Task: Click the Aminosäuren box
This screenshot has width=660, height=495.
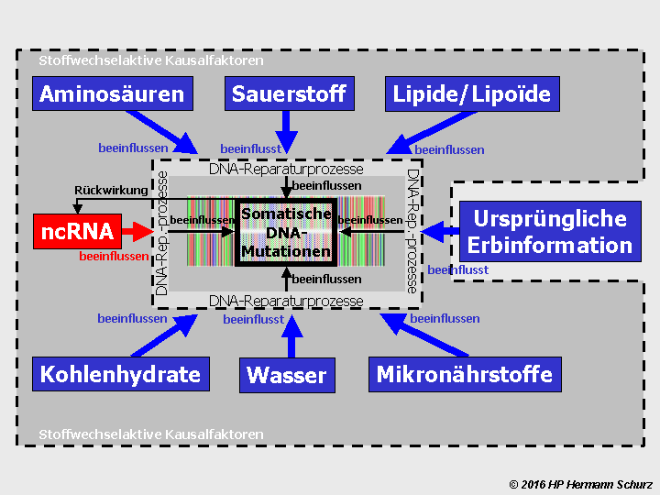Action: [112, 93]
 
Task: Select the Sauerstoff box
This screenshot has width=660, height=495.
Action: [289, 93]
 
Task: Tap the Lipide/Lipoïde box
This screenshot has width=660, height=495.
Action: [471, 93]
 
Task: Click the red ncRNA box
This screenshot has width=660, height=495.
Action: [64, 232]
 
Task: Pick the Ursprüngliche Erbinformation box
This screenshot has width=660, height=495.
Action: [549, 232]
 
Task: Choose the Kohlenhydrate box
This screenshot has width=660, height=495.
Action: [120, 374]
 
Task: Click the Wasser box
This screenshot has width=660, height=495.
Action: [287, 375]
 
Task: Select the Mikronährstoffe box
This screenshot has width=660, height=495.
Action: [465, 374]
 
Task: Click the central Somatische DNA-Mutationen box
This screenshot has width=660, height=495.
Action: [285, 233]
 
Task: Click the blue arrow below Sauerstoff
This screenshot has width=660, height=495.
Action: [287, 134]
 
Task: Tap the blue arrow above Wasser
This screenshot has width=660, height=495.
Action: [291, 335]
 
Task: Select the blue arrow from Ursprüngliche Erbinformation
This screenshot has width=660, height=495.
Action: [436, 232]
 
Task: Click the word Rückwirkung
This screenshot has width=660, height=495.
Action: [110, 190]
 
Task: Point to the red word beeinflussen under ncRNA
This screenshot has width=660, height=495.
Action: [114, 257]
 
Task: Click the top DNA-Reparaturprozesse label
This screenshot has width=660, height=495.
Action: [286, 169]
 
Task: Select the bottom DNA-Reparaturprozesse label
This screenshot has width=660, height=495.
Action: [286, 301]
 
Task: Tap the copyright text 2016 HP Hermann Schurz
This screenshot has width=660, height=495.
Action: [580, 483]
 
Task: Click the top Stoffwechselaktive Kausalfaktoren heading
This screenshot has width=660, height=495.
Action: [151, 60]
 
